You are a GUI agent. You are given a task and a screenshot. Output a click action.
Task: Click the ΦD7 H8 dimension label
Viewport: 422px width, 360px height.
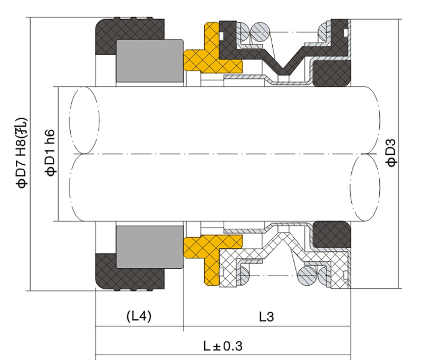click(x=22, y=153)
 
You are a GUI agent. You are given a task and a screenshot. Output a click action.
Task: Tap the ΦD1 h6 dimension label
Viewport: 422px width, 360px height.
click(x=50, y=153)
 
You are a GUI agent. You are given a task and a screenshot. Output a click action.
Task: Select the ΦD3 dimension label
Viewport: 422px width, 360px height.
click(x=391, y=152)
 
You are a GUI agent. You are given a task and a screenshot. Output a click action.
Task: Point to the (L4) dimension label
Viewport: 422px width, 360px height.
click(x=139, y=316)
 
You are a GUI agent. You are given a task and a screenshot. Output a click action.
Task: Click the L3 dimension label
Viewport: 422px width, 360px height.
click(x=266, y=317)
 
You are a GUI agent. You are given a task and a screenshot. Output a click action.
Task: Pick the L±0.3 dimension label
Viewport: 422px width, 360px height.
click(x=223, y=346)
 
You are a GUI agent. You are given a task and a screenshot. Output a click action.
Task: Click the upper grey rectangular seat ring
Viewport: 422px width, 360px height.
click(x=150, y=61)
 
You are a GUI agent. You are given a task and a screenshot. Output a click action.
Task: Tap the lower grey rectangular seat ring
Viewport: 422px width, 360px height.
click(x=150, y=247)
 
